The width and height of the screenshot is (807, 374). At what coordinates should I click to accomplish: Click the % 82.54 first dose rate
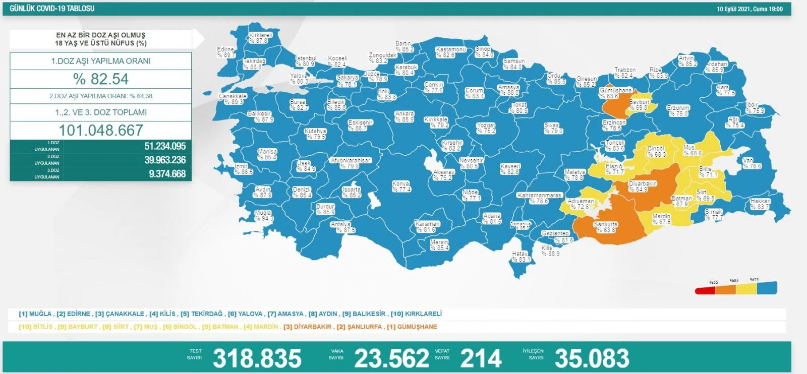click(101, 79)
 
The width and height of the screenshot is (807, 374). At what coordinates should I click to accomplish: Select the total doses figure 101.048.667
click(101, 131)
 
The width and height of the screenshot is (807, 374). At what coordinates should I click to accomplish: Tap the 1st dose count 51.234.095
click(165, 146)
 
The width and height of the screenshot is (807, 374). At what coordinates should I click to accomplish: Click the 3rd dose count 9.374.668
click(167, 174)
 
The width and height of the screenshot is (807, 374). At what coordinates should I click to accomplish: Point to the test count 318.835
click(257, 358)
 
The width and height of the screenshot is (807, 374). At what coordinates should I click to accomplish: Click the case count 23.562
click(391, 358)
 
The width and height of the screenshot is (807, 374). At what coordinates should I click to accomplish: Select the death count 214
click(481, 358)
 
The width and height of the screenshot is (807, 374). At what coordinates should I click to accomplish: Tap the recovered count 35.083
click(592, 358)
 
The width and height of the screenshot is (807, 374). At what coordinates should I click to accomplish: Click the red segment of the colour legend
click(705, 290)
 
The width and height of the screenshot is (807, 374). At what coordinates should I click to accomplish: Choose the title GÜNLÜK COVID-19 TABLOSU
click(52, 9)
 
